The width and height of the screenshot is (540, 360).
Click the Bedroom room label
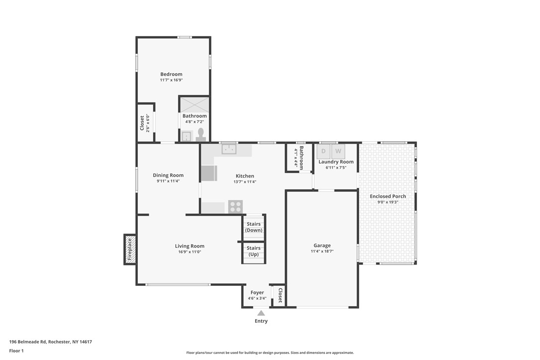171,75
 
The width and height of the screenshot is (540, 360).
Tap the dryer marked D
324,151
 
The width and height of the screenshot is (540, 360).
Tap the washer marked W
338,151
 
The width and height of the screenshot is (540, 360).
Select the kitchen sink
229,149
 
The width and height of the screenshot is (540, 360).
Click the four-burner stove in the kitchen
235,207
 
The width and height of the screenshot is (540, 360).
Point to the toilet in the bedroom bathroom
201,134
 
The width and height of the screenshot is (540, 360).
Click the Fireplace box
130,249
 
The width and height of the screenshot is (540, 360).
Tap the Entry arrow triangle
261,313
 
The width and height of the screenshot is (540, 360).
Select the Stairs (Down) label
254,227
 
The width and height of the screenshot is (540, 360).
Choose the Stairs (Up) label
254,251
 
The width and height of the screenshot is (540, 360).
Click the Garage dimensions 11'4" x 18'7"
322,252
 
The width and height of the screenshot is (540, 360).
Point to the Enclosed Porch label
388,196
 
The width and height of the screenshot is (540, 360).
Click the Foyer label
257,293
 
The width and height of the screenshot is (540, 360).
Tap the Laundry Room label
336,162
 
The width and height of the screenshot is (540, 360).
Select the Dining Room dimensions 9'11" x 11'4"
168,181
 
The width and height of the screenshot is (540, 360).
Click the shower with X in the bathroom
194,104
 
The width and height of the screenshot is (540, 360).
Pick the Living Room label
189,246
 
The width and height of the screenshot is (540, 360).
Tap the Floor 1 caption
16,351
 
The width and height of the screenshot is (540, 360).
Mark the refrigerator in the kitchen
209,173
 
